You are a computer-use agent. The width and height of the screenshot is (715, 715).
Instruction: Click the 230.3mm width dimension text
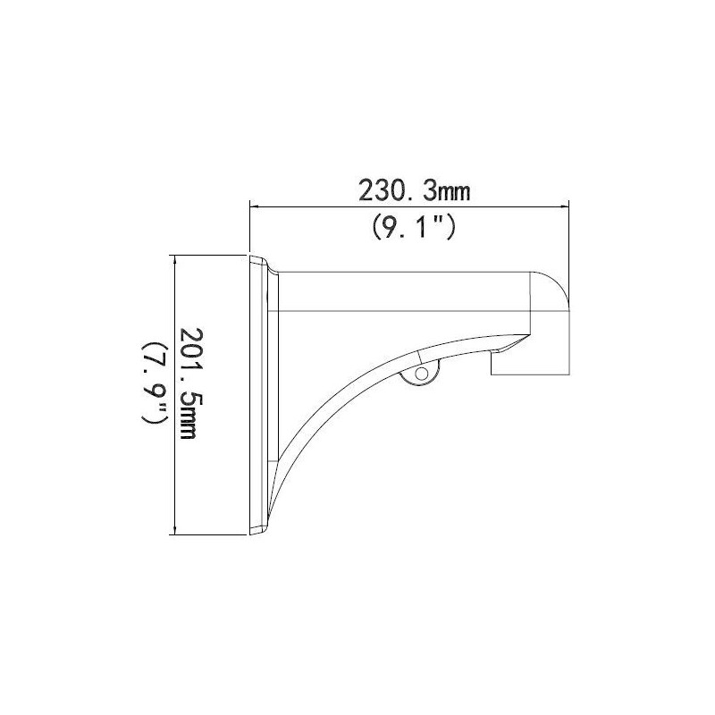(414, 190)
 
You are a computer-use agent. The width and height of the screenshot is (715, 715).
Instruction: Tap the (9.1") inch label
(414, 227)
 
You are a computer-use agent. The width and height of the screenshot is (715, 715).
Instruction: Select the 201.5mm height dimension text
(190, 383)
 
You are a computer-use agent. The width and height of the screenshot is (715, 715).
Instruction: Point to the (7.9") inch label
(155, 383)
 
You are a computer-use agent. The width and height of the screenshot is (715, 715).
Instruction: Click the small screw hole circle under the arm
(422, 374)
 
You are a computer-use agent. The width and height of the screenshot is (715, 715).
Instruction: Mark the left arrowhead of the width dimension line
(255, 207)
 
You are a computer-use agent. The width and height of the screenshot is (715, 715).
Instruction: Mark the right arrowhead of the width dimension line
(565, 207)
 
